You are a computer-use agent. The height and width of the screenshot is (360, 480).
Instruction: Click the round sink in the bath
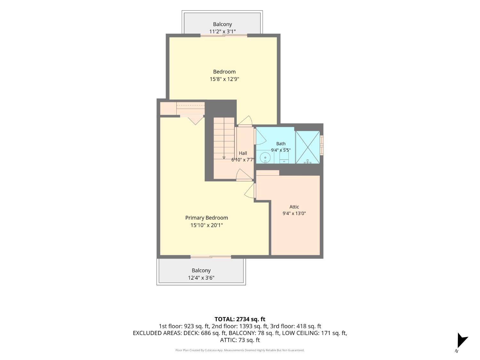click(x=265, y=157)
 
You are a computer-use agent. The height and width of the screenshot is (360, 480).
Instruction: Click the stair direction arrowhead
click(x=224, y=157)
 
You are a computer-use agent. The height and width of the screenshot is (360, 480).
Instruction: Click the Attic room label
click(x=294, y=207)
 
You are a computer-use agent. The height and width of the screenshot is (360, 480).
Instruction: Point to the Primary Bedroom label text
click(x=206, y=218)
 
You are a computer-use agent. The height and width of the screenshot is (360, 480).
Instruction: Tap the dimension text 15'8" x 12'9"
click(x=224, y=79)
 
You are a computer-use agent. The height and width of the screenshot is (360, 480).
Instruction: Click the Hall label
click(x=243, y=153)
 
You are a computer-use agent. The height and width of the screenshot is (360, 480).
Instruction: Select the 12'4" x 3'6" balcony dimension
click(x=201, y=277)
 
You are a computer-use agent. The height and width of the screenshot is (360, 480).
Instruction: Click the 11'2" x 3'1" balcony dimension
click(x=222, y=31)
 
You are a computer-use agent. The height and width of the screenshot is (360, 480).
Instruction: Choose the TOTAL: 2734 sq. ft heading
click(x=240, y=319)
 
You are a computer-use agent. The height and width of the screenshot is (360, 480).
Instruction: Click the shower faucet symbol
click(x=308, y=162)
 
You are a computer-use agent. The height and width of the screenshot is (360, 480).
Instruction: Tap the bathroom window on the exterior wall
click(x=322, y=145)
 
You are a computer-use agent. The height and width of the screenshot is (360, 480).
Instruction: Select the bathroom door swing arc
click(x=261, y=136)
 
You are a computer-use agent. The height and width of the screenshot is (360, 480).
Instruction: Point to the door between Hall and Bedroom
click(x=245, y=121)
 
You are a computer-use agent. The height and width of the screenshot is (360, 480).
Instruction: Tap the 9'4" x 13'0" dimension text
click(x=294, y=213)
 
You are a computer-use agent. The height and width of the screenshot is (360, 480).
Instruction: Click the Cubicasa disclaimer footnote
click(x=240, y=350)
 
